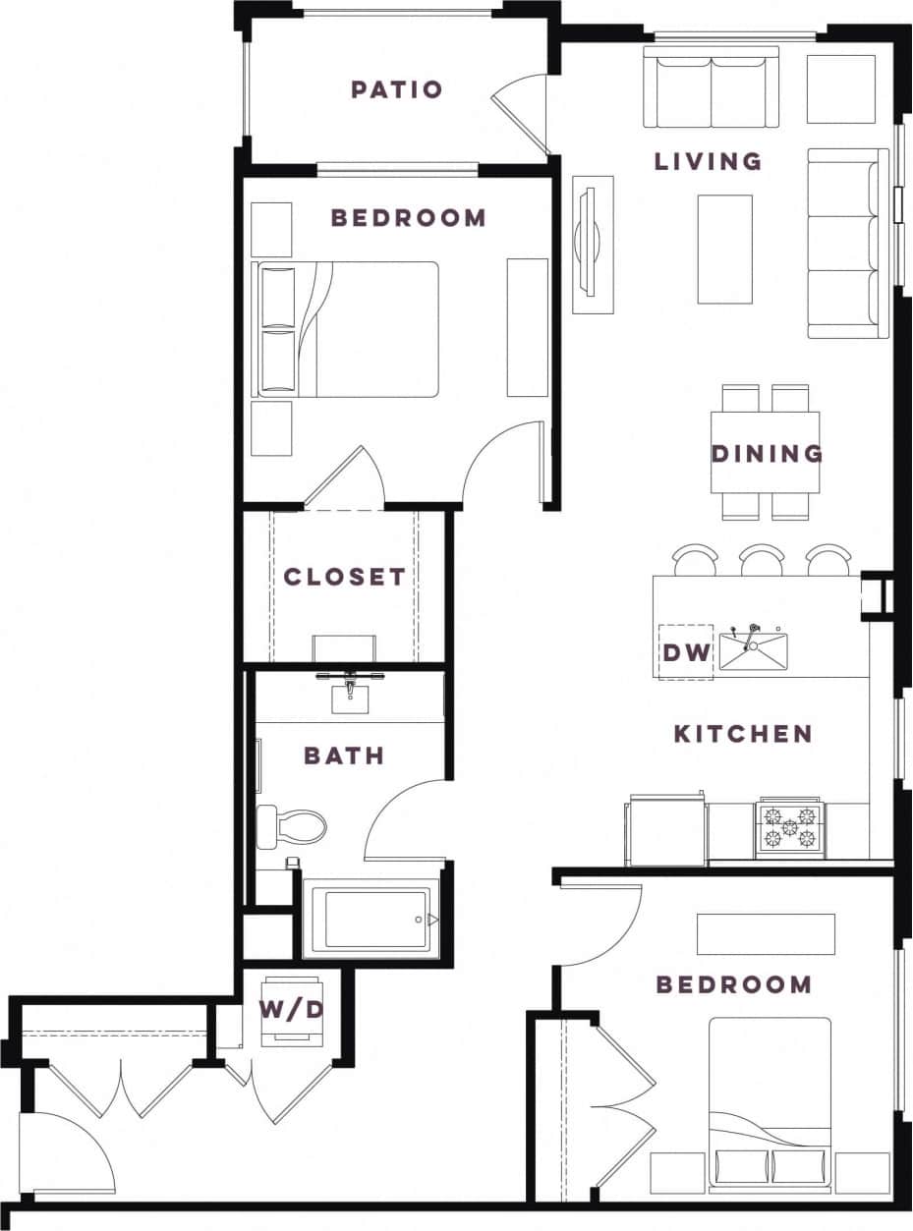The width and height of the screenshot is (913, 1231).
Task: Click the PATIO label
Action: click(x=397, y=89)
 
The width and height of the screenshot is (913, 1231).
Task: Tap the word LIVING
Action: click(x=708, y=161)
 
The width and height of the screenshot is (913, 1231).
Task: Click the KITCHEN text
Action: click(x=743, y=734)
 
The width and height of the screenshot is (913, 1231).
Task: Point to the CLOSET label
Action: click(x=344, y=577)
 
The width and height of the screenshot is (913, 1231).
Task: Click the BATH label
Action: click(x=343, y=755)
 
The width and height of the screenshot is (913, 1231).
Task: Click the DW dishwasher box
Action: click(x=685, y=650)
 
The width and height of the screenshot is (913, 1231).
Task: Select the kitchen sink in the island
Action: click(x=753, y=651)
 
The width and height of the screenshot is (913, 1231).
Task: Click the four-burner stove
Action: click(x=790, y=827)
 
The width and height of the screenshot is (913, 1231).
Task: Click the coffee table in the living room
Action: click(x=725, y=249)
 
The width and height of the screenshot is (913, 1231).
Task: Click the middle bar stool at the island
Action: click(x=761, y=560)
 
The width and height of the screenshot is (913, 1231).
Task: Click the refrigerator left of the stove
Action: click(x=665, y=830)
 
